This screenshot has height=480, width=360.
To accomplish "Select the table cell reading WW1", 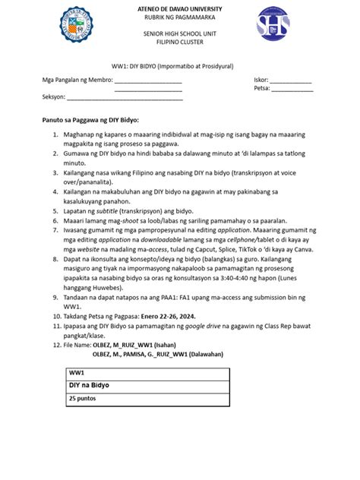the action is [x=77, y=374].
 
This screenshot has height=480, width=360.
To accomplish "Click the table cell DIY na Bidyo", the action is [x=89, y=385].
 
